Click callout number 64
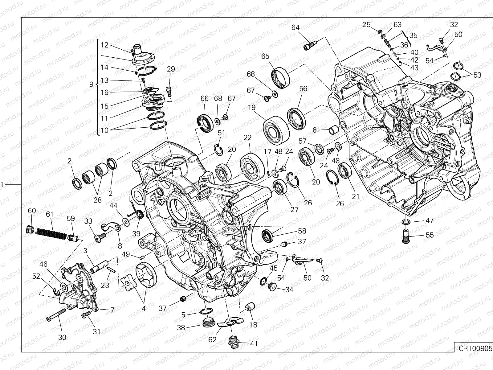pyautogui.click(x=295, y=27)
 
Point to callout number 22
pyautogui.click(x=248, y=138)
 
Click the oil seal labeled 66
pyautogui.click(x=204, y=122)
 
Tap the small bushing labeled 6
pyautogui.click(x=333, y=130)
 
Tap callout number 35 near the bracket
pyautogui.click(x=413, y=35)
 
